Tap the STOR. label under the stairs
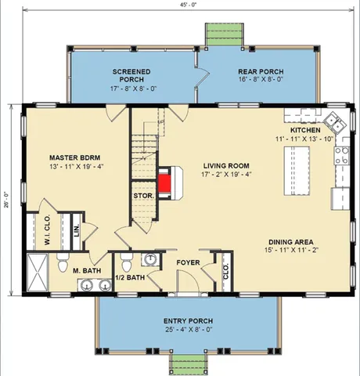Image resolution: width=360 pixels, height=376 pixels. click(142, 195)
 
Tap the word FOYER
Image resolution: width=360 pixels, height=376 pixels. click(188, 262)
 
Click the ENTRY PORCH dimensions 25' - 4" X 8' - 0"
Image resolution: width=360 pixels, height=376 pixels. click(188, 331)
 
